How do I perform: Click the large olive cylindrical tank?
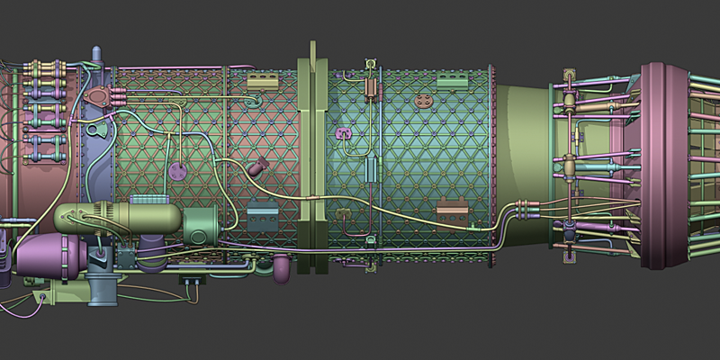click(117, 218)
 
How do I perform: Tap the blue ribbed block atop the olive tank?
click(149, 199)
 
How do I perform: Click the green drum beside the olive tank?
click(200, 225)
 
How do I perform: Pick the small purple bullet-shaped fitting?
click(259, 166)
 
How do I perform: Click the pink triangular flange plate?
click(103, 95)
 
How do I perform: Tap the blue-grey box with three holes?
click(264, 213)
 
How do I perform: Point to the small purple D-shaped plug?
click(342, 134)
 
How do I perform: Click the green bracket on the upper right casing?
click(453, 81)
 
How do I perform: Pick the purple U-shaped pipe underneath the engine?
click(282, 266)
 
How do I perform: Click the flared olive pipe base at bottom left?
click(102, 290)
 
